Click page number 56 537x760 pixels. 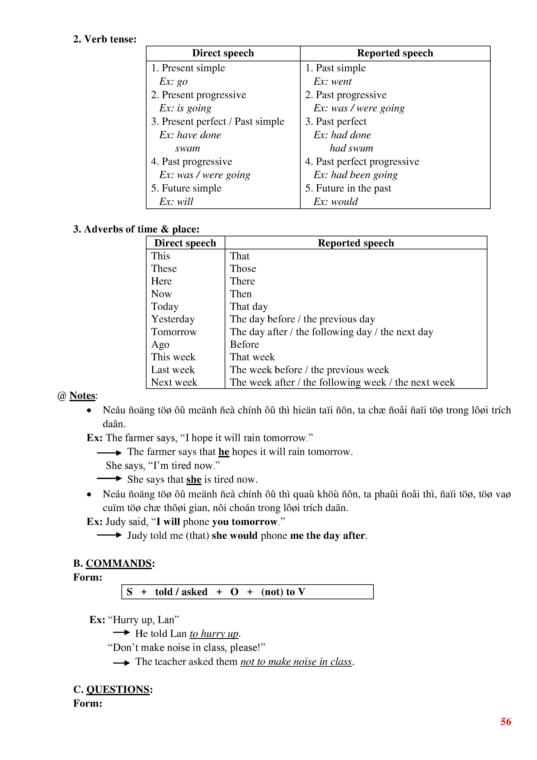click(x=506, y=722)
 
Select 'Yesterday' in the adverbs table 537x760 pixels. click(x=173, y=319)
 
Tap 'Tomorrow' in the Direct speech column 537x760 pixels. click(x=174, y=332)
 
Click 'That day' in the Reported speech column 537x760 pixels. click(x=249, y=307)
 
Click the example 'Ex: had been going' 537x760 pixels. click(x=355, y=175)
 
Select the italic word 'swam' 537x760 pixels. click(x=187, y=148)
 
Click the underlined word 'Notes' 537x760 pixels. click(x=82, y=396)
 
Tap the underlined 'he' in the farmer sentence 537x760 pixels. click(x=224, y=452)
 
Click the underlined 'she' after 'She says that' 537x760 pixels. click(x=194, y=480)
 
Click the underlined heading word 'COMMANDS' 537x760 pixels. click(x=119, y=563)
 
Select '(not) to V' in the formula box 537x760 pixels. click(x=283, y=592)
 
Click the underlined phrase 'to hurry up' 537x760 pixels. click(x=214, y=633)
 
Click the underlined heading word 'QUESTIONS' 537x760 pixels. click(x=118, y=690)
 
